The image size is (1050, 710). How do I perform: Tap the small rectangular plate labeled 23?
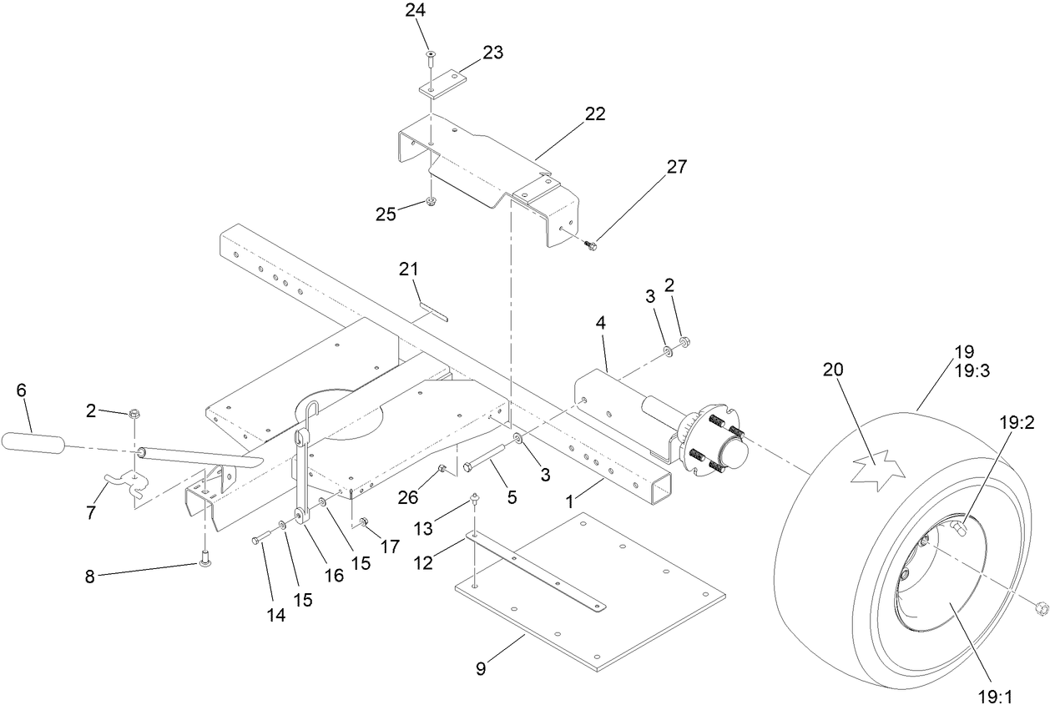(x=442, y=84)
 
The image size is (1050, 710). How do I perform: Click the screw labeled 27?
(x=591, y=244)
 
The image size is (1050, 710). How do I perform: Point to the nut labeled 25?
(x=431, y=203)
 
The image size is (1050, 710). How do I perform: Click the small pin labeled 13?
(x=474, y=499)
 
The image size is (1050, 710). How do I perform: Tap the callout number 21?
(x=407, y=269)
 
